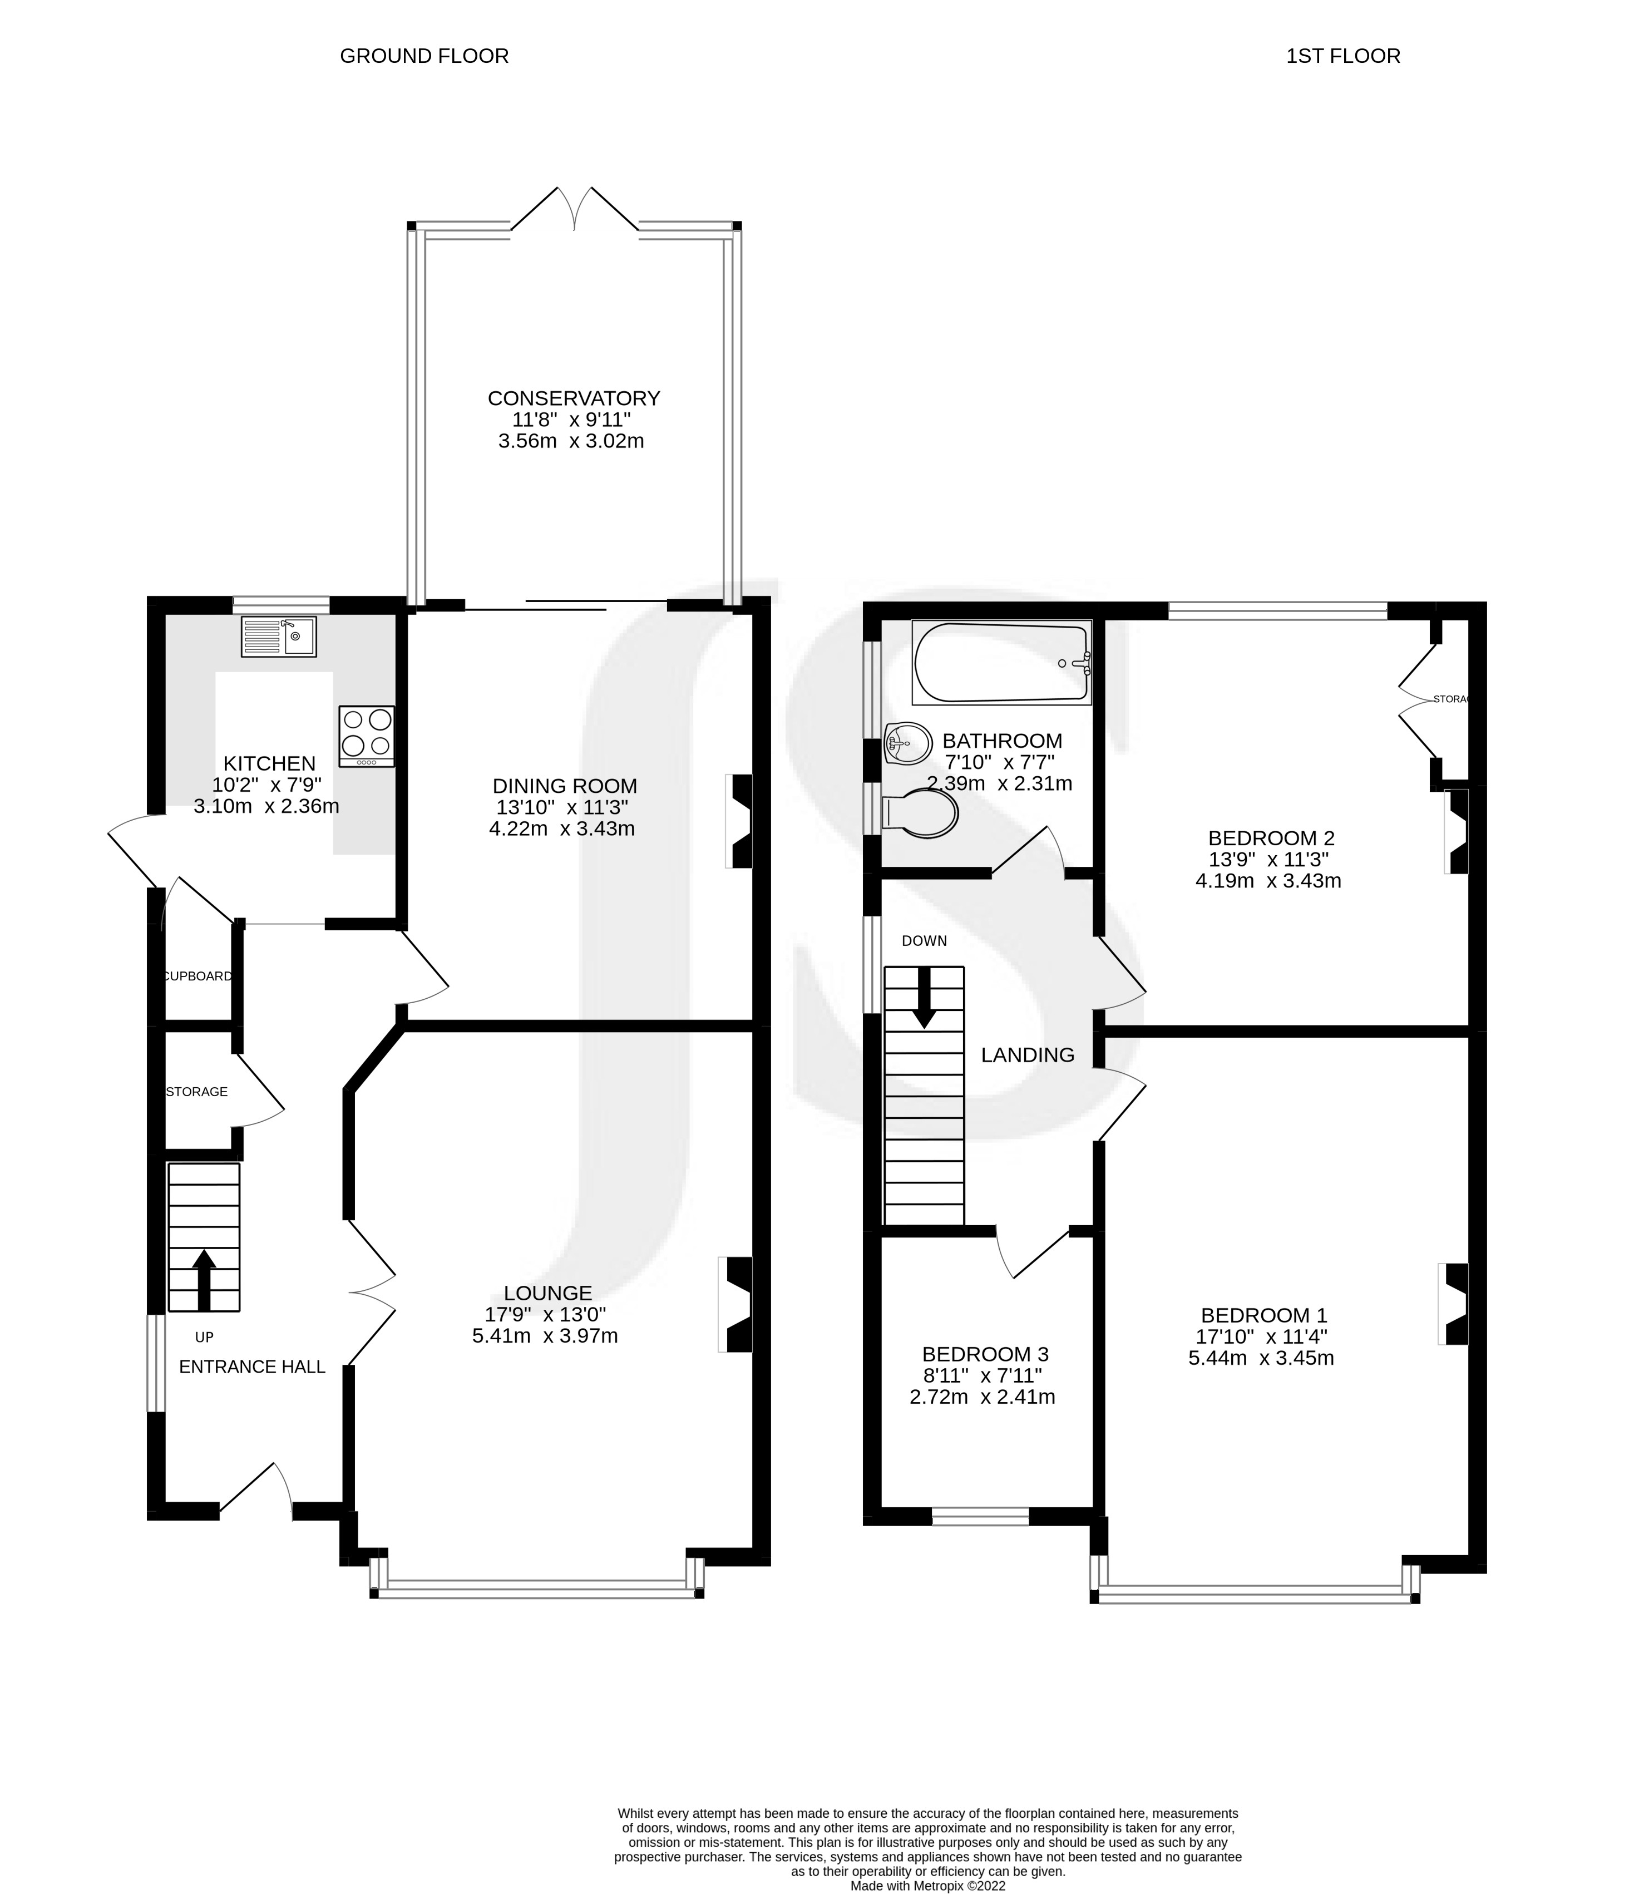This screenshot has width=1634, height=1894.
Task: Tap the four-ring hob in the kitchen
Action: click(367, 736)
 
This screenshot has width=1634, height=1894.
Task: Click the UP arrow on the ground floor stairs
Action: click(204, 1280)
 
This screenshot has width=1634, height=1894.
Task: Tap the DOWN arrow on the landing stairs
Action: click(924, 997)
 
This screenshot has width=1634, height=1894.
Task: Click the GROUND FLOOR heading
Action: click(424, 57)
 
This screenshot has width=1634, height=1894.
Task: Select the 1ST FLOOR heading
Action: click(1342, 57)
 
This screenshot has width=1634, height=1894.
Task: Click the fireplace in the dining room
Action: click(741, 821)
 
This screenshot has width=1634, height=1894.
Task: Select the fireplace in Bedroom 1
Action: click(1453, 1304)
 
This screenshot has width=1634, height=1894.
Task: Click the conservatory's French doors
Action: click(574, 210)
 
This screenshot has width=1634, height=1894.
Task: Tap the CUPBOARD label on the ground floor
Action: click(198, 976)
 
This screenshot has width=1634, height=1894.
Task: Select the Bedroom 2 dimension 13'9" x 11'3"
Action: click(1267, 859)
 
